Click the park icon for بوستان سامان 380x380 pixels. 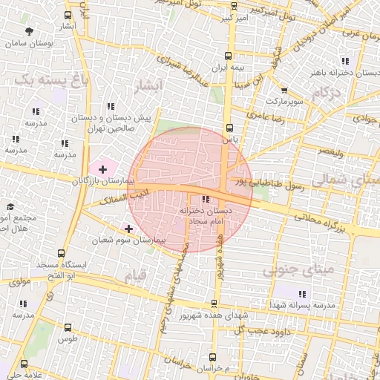pyautogui.click(x=29, y=31)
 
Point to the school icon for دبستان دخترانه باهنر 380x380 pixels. pyautogui.click(x=343, y=61)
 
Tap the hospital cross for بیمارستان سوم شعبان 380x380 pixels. pyautogui.click(x=129, y=229)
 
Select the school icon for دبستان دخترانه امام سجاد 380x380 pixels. pyautogui.click(x=206, y=198)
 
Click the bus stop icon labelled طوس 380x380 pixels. pyautogui.click(x=68, y=327)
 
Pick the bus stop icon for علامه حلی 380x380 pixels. pyautogui.click(x=24, y=364)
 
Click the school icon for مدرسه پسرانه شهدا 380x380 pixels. pyautogui.click(x=301, y=294)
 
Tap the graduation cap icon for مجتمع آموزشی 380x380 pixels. pyautogui.click(x=10, y=207)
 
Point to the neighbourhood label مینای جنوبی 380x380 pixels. pyautogui.click(x=292, y=270)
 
